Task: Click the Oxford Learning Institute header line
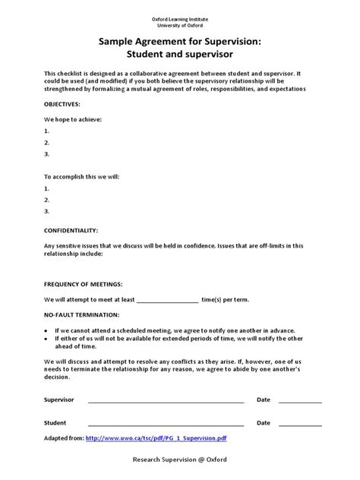[x=179, y=18]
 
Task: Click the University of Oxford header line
[x=179, y=26]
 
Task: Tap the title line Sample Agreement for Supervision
[x=179, y=43]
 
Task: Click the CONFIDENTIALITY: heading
[x=71, y=229]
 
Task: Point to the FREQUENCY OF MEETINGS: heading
[x=83, y=283]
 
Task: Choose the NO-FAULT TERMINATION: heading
[x=81, y=314]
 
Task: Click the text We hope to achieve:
[x=73, y=119]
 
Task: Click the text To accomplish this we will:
[x=82, y=176]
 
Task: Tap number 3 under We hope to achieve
[x=47, y=153]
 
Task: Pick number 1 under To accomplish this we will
[x=47, y=188]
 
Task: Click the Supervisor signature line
[x=166, y=400]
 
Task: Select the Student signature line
[x=166, y=424]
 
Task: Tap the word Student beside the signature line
[x=55, y=423]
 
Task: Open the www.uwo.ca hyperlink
[x=156, y=438]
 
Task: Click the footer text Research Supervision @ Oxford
[x=179, y=459]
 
